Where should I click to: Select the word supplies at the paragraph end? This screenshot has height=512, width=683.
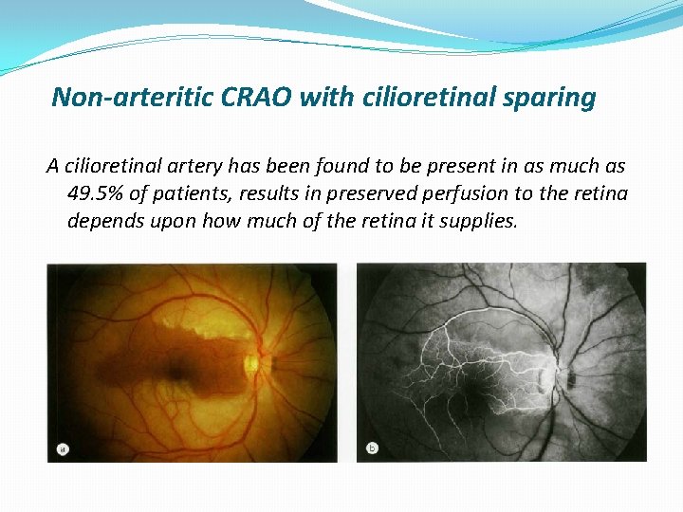tap(479, 222)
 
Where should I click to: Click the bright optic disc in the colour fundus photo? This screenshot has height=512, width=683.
tap(254, 362)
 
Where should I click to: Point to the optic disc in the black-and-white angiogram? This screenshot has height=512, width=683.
tap(557, 372)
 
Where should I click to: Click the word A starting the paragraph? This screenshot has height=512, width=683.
tap(54, 167)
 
